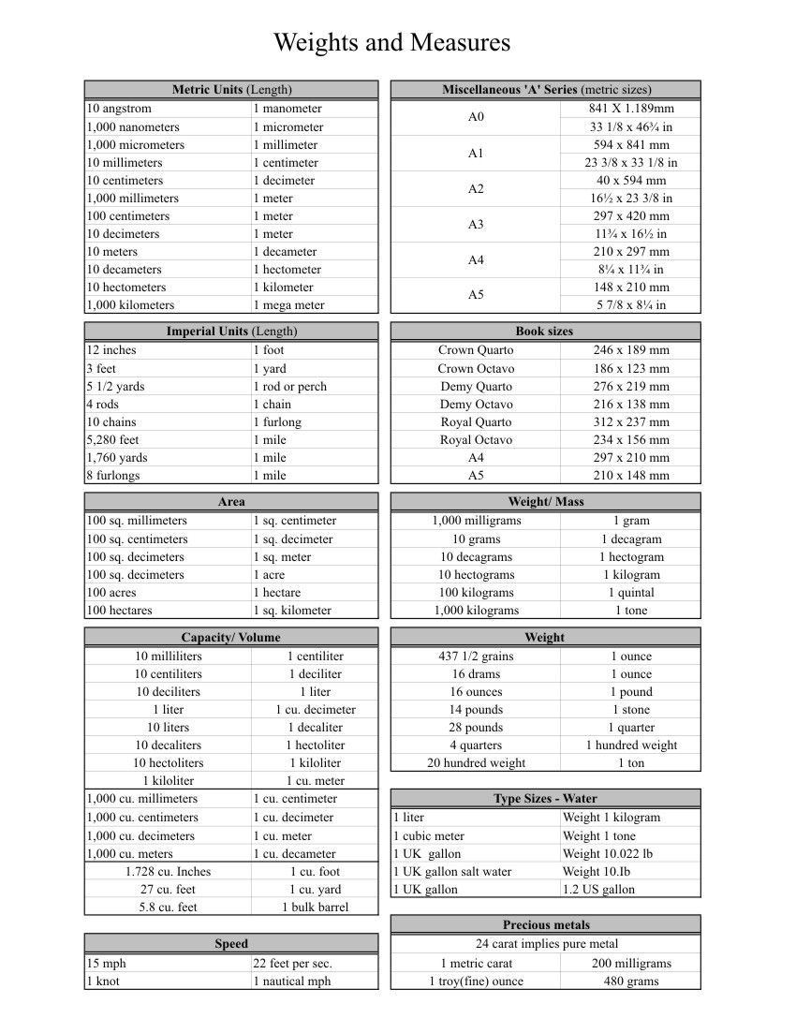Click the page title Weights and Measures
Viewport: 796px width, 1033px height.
(391, 43)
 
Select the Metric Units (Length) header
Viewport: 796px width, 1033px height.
(231, 90)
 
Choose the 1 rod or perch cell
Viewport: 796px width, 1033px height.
(289, 386)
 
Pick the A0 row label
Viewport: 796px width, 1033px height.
(476, 117)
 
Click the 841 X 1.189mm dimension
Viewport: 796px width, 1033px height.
(630, 109)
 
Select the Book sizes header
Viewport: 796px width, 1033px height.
(544, 332)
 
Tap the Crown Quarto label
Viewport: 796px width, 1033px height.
(476, 350)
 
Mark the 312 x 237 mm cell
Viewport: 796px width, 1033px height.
(631, 421)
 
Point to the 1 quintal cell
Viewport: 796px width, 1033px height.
(631, 593)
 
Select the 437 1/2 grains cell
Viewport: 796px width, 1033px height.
(476, 657)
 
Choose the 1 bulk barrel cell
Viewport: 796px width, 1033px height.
(315, 908)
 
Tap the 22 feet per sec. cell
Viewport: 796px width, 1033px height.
(292, 963)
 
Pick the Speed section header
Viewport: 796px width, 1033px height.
(231, 944)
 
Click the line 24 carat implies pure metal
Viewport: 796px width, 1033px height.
(545, 944)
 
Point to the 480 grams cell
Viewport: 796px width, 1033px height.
(631, 981)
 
